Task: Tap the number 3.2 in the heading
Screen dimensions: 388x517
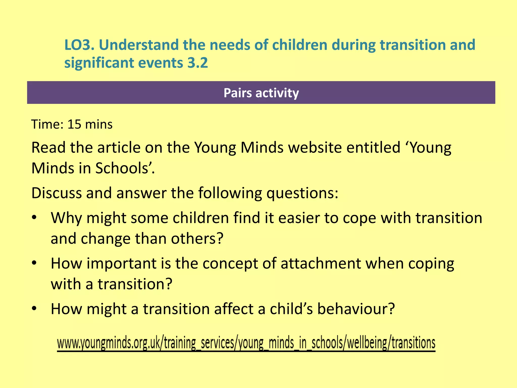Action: click(x=198, y=63)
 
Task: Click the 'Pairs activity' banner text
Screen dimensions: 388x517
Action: click(x=261, y=93)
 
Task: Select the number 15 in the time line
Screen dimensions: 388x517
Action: click(x=74, y=124)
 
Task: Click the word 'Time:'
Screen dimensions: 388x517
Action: click(x=47, y=124)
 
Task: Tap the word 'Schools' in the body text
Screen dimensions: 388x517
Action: click(x=123, y=168)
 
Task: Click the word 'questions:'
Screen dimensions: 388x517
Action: click(x=302, y=193)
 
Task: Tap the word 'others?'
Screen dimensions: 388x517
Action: click(x=197, y=238)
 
